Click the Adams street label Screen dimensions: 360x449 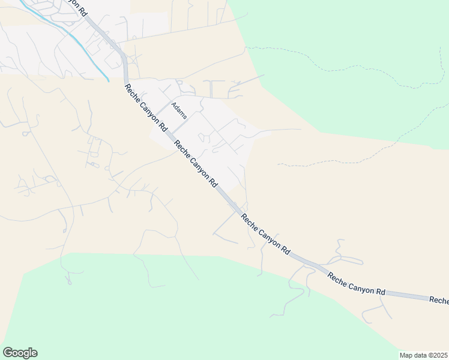pos(178,110)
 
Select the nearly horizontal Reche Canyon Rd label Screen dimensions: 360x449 pos(356,283)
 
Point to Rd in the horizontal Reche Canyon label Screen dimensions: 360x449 pos(380,291)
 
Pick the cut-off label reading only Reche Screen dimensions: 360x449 pos(439,300)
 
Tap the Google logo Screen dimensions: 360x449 pos(20,353)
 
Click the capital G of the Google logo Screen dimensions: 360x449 pos(8,353)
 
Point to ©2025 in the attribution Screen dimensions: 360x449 pos(438,355)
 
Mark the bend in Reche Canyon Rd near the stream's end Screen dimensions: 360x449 pos(125,66)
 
